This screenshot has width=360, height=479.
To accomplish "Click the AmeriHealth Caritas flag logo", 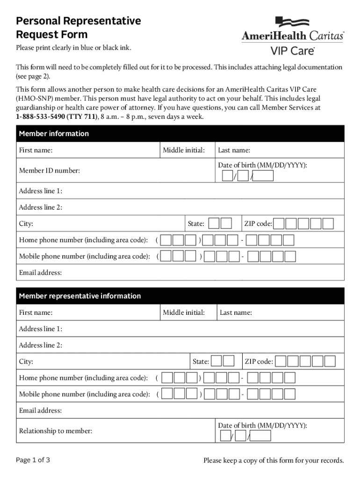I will [292, 22].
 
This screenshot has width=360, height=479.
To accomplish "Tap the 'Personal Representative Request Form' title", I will [78, 28].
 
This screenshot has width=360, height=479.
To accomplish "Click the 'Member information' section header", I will [54, 134].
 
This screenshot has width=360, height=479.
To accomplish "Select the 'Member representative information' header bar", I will [79, 296].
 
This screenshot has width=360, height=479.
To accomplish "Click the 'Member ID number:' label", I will [49, 171].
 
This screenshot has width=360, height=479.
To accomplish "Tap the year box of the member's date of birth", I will [263, 176].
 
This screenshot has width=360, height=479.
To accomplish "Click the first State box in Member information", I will [214, 224].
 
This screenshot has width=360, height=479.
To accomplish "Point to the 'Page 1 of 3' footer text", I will [33, 460].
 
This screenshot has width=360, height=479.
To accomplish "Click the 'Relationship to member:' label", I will [55, 431].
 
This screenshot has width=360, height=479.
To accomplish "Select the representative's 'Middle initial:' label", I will [184, 312].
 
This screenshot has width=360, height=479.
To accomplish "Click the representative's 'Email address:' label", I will [40, 411].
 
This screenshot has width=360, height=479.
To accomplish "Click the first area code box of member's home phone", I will [166, 240].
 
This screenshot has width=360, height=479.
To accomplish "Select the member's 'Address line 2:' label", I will [41, 207].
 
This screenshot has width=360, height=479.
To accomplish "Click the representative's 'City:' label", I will [26, 362].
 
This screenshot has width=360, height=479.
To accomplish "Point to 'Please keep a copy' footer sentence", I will [274, 460].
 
